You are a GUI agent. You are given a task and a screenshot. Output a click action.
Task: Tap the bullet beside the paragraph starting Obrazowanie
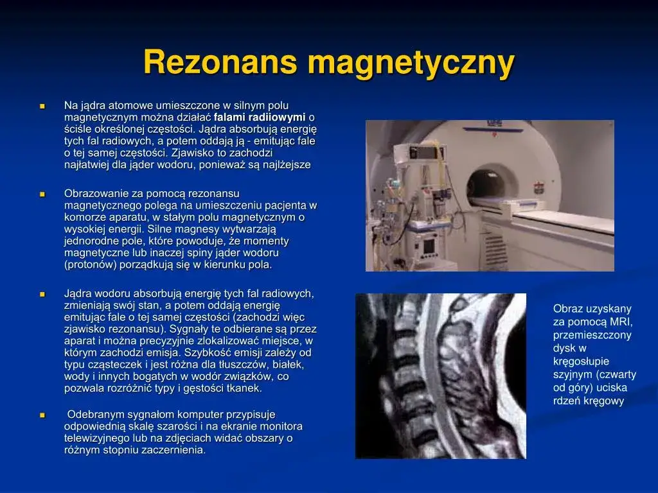pyautogui.click(x=42, y=193)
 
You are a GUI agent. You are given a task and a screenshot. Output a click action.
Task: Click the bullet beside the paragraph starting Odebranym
pyautogui.click(x=42, y=415)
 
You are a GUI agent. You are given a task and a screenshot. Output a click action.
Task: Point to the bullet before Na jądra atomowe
pyautogui.click(x=42, y=105)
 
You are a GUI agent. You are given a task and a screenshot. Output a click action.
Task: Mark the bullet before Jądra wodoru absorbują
pyautogui.click(x=42, y=294)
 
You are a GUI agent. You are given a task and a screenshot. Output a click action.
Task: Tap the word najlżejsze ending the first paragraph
pyautogui.click(x=285, y=164)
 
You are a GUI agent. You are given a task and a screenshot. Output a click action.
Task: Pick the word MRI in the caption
pyautogui.click(x=621, y=322)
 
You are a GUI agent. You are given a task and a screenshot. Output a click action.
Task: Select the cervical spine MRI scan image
pyautogui.click(x=440, y=376)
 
